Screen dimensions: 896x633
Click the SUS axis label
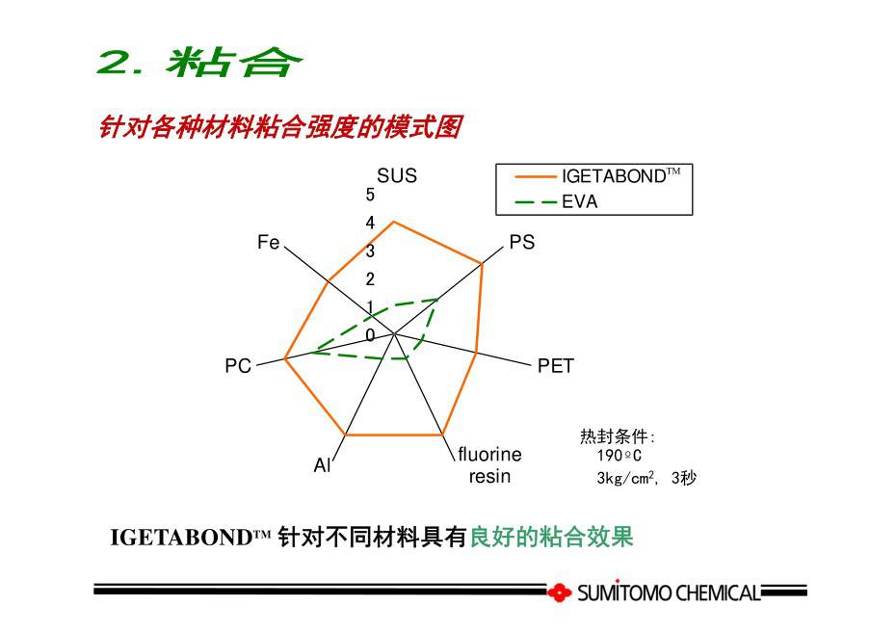click(x=397, y=175)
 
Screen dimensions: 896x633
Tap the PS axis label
click(x=522, y=242)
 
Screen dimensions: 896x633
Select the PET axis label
click(x=556, y=365)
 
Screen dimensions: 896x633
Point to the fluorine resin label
click(x=489, y=465)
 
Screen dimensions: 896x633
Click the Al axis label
click(x=322, y=465)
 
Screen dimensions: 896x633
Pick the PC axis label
click(x=238, y=365)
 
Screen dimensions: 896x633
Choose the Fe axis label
click(x=268, y=242)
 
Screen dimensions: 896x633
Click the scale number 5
click(x=370, y=195)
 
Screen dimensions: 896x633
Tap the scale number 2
click(x=370, y=279)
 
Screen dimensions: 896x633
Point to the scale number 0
click(x=370, y=335)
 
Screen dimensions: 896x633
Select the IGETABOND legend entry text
click(x=620, y=176)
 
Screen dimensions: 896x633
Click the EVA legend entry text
click(x=579, y=201)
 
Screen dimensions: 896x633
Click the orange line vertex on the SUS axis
click(x=393, y=222)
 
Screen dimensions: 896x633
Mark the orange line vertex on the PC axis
click(x=285, y=358)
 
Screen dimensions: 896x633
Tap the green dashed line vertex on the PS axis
click(x=437, y=299)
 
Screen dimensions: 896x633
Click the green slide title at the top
click(x=198, y=63)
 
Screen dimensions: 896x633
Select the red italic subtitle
click(x=280, y=127)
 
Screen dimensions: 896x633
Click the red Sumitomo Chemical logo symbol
click(x=560, y=593)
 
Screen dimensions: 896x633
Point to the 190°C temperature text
click(x=619, y=456)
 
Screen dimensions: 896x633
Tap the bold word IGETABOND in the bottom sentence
click(x=182, y=538)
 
